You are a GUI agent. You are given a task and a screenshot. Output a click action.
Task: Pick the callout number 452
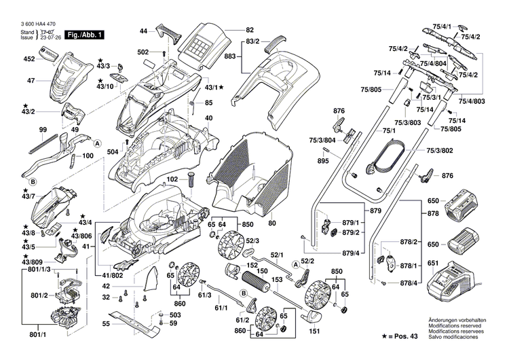[x=29, y=59]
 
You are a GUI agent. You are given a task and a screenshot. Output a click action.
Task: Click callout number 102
[x=173, y=179]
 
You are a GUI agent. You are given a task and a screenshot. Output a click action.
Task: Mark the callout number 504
[x=112, y=151]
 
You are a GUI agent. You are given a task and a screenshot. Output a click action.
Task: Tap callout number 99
[x=42, y=129]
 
